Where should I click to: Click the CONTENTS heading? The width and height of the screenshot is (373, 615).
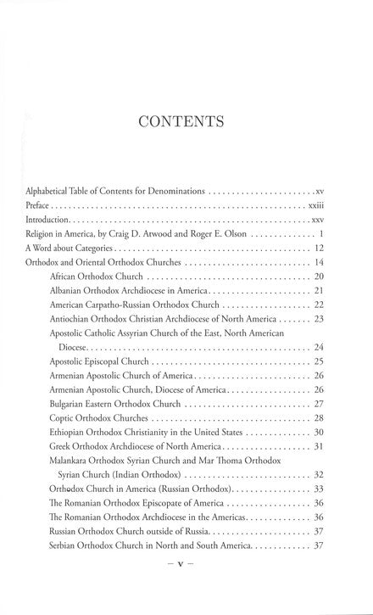pyautogui.click(x=186, y=121)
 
